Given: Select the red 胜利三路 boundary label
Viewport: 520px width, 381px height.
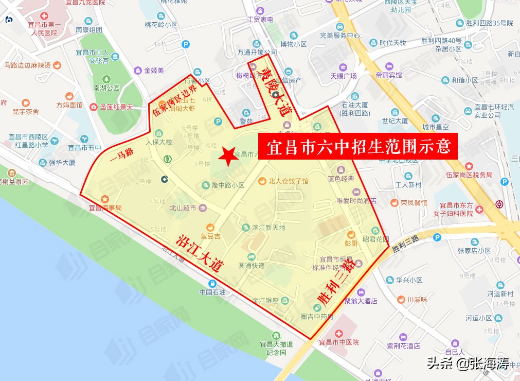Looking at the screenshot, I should coord(334,282).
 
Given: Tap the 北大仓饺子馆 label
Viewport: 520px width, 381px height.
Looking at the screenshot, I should coord(288,181).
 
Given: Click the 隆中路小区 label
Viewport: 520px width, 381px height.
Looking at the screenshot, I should coord(228,185).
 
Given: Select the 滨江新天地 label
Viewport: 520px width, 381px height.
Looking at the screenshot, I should coord(268,227).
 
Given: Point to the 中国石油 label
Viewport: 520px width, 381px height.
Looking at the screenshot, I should coord(212,292).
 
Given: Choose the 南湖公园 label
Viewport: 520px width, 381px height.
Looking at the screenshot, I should coord(106,88).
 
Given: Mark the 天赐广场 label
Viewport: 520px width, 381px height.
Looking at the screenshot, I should coord(344,76).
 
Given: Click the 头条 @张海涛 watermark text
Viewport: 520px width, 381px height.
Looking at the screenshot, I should coord(467,365).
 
